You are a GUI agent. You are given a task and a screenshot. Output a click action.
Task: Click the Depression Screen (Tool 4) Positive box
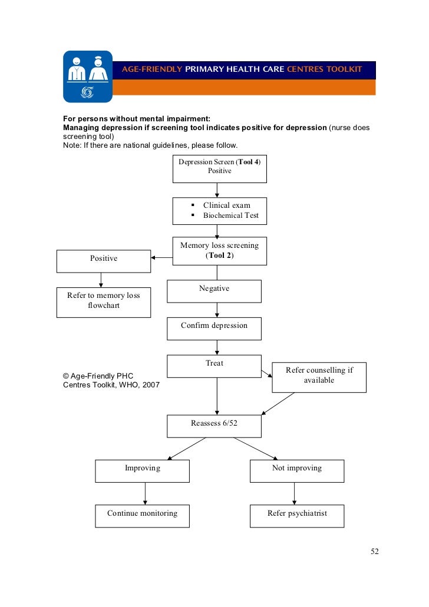point(219,169)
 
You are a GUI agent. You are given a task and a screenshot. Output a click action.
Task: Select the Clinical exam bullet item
point(226,205)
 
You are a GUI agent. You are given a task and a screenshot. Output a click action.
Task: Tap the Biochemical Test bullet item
point(230,215)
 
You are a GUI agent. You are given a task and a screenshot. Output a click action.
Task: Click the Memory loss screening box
point(219,251)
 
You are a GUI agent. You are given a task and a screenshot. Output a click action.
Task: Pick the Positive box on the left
point(103,261)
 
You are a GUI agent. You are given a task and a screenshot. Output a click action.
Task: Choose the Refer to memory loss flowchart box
point(103,302)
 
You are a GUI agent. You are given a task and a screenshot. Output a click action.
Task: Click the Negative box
point(214,291)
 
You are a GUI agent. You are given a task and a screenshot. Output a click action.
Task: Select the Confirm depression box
point(214,329)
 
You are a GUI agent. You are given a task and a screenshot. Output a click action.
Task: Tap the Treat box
point(214,366)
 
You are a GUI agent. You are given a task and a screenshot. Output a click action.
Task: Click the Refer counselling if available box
point(319,377)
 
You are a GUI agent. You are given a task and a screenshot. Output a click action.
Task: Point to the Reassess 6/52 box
point(214,426)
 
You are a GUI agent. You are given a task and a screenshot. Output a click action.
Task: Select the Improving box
point(142,471)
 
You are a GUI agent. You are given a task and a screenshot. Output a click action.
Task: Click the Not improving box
point(296,471)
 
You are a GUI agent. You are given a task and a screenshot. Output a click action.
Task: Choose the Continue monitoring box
point(142,516)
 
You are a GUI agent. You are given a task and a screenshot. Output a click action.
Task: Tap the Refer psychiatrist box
point(296,516)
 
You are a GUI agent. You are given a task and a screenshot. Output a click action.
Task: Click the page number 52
point(374,552)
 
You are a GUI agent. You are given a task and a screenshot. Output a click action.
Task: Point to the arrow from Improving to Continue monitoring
point(145,493)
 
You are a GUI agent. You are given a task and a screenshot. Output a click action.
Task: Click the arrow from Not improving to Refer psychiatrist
point(294,493)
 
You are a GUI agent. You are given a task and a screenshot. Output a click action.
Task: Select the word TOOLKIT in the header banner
point(342,69)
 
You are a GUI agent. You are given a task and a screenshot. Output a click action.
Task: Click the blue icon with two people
point(88,77)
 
